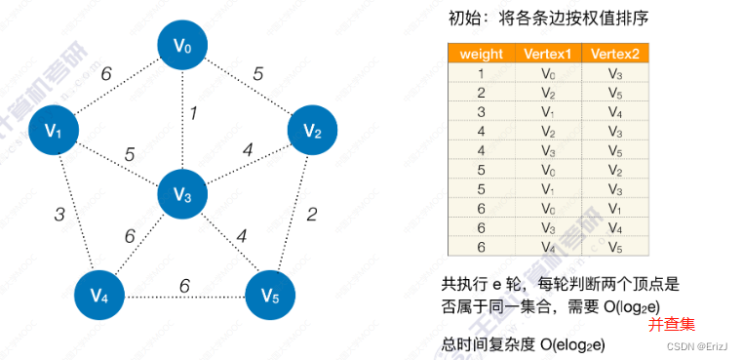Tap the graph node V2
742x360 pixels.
point(312,131)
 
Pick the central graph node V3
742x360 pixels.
point(182,194)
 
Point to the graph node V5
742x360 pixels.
point(271,295)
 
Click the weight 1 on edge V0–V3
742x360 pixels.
point(193,114)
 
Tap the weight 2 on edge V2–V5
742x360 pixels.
point(311,214)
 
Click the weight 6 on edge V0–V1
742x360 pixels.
point(105,73)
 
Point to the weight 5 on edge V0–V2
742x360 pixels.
point(258,72)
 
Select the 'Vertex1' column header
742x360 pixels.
point(547,55)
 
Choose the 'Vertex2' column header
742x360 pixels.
point(614,55)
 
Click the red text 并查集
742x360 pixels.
point(671,323)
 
